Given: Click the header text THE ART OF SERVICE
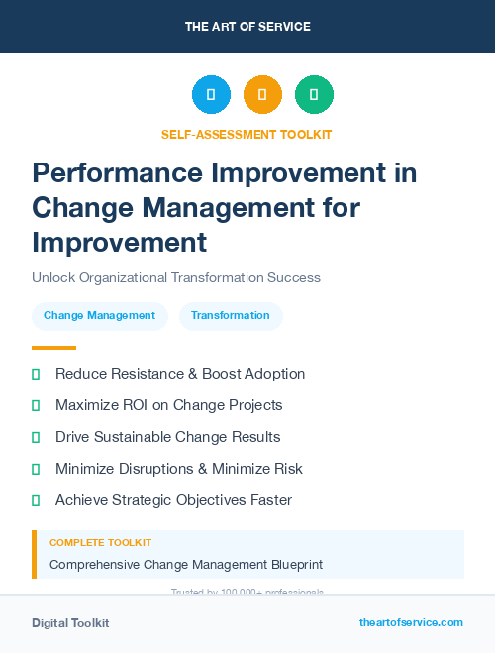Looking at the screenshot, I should pos(247,27).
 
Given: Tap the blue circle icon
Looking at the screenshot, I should pos(211,95).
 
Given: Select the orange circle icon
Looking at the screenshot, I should pos(262,95).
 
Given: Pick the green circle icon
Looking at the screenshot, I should pos(314,95).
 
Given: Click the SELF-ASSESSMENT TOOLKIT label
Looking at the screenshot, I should pos(247,134).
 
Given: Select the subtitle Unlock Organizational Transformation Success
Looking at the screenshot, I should pos(176,278).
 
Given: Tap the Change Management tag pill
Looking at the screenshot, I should pos(99,316).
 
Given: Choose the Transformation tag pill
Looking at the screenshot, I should pos(231,316).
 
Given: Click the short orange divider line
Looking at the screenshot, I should pos(53,348).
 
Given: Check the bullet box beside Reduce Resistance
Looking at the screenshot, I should pos(36,374).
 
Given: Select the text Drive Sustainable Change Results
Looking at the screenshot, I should pos(167,437).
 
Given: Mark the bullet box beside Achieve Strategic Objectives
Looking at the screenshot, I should pos(36,500).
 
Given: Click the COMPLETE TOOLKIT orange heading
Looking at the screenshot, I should pos(101,543).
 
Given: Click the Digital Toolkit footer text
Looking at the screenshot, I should pos(70,623).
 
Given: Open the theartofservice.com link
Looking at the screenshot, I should pos(411,622).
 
